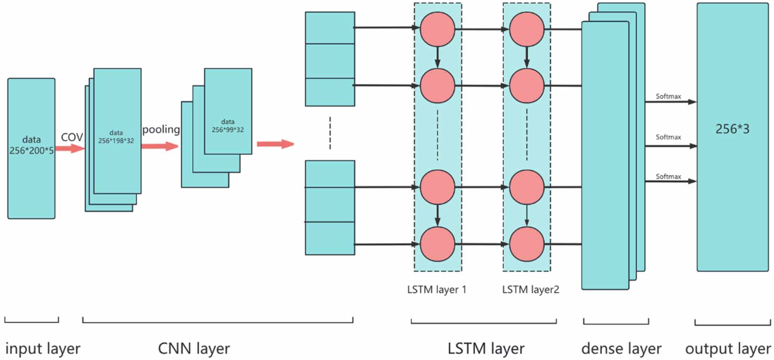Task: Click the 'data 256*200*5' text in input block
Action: (31, 145)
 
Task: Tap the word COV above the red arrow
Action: (72, 137)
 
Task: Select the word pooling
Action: (161, 129)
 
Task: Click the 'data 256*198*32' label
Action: (116, 137)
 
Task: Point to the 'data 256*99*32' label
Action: (228, 126)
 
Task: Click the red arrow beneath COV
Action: (70, 148)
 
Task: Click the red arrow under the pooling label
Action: (159, 146)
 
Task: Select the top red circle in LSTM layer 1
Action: (437, 29)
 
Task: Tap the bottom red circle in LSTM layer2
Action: (526, 244)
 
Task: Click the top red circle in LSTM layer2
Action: (526, 29)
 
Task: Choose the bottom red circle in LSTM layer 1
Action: (437, 244)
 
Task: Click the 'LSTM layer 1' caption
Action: (436, 290)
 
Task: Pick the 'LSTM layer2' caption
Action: (530, 290)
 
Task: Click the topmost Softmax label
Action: (668, 96)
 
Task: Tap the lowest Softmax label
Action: (668, 177)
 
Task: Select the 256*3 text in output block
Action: (732, 129)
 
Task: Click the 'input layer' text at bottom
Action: (43, 348)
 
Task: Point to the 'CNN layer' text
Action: (194, 348)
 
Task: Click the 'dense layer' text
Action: (621, 348)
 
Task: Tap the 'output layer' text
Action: (728, 348)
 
